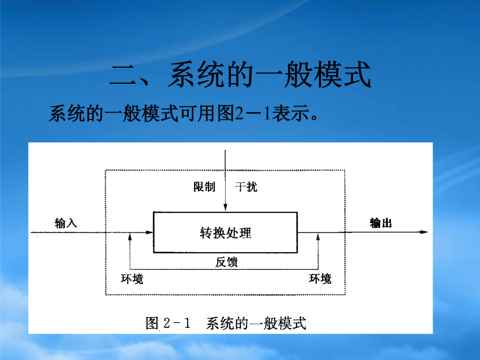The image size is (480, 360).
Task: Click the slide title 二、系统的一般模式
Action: [x=241, y=74]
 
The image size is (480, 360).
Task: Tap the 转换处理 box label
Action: [x=226, y=233]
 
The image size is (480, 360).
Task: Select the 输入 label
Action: [x=66, y=223]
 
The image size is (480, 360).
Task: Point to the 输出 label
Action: [x=381, y=223]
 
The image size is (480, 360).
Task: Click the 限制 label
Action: [x=204, y=187]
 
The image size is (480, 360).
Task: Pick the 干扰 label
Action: [x=246, y=187]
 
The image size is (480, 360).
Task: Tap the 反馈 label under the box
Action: [x=226, y=262]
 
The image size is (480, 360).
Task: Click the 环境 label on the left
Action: [x=132, y=279]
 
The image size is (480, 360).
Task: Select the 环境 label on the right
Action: [x=320, y=278]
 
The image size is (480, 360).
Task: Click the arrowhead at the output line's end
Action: [x=424, y=232]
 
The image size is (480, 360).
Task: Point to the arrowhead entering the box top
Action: [x=225, y=207]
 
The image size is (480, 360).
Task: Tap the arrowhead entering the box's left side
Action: [x=149, y=233]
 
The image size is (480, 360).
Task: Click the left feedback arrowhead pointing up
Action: [x=130, y=237]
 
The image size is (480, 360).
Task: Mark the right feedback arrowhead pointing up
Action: [x=318, y=237]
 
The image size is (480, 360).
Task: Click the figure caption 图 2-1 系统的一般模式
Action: [x=226, y=323]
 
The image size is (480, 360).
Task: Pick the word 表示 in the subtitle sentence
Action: [x=290, y=113]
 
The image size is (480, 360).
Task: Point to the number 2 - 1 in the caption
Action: [x=177, y=323]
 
